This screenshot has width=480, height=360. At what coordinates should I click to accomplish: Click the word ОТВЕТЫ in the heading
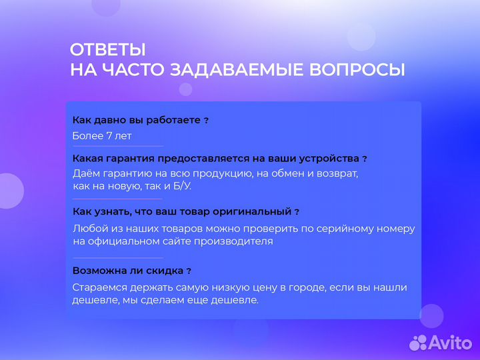pyautogui.click(x=107, y=50)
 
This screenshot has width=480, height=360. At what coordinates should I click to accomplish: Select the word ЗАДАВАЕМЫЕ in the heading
pyautogui.click(x=235, y=70)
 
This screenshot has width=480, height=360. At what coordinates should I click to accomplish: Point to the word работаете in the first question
pyautogui.click(x=175, y=120)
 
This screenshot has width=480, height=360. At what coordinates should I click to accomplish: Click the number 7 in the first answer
pyautogui.click(x=109, y=136)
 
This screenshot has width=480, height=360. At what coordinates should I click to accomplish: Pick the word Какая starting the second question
pyautogui.click(x=87, y=159)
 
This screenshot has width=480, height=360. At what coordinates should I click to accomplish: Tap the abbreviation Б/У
pyautogui.click(x=179, y=186)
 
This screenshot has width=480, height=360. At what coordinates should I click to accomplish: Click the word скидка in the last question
pyautogui.click(x=166, y=271)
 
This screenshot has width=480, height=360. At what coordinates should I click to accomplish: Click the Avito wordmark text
pyautogui.click(x=449, y=342)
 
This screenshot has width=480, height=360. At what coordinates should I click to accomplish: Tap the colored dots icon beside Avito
pyautogui.click(x=417, y=342)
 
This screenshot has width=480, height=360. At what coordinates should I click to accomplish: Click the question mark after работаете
pyautogui.click(x=206, y=121)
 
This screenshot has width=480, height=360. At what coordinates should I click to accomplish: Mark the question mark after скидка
pyautogui.click(x=189, y=271)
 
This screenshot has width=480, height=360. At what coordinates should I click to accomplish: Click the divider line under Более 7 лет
pyautogui.click(x=117, y=146)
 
